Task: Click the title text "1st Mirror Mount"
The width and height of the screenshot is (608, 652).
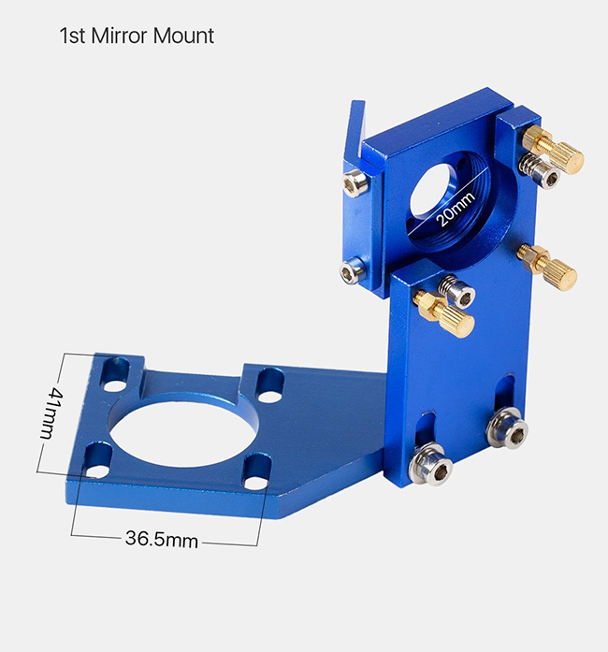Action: (x=137, y=36)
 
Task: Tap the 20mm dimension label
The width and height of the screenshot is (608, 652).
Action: (x=456, y=210)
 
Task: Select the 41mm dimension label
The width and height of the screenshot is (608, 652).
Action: (x=51, y=413)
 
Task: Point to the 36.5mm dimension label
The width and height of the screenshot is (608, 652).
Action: (x=162, y=539)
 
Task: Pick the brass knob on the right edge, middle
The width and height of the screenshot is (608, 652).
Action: (x=548, y=266)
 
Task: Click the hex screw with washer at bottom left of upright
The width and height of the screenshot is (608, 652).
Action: (x=431, y=464)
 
